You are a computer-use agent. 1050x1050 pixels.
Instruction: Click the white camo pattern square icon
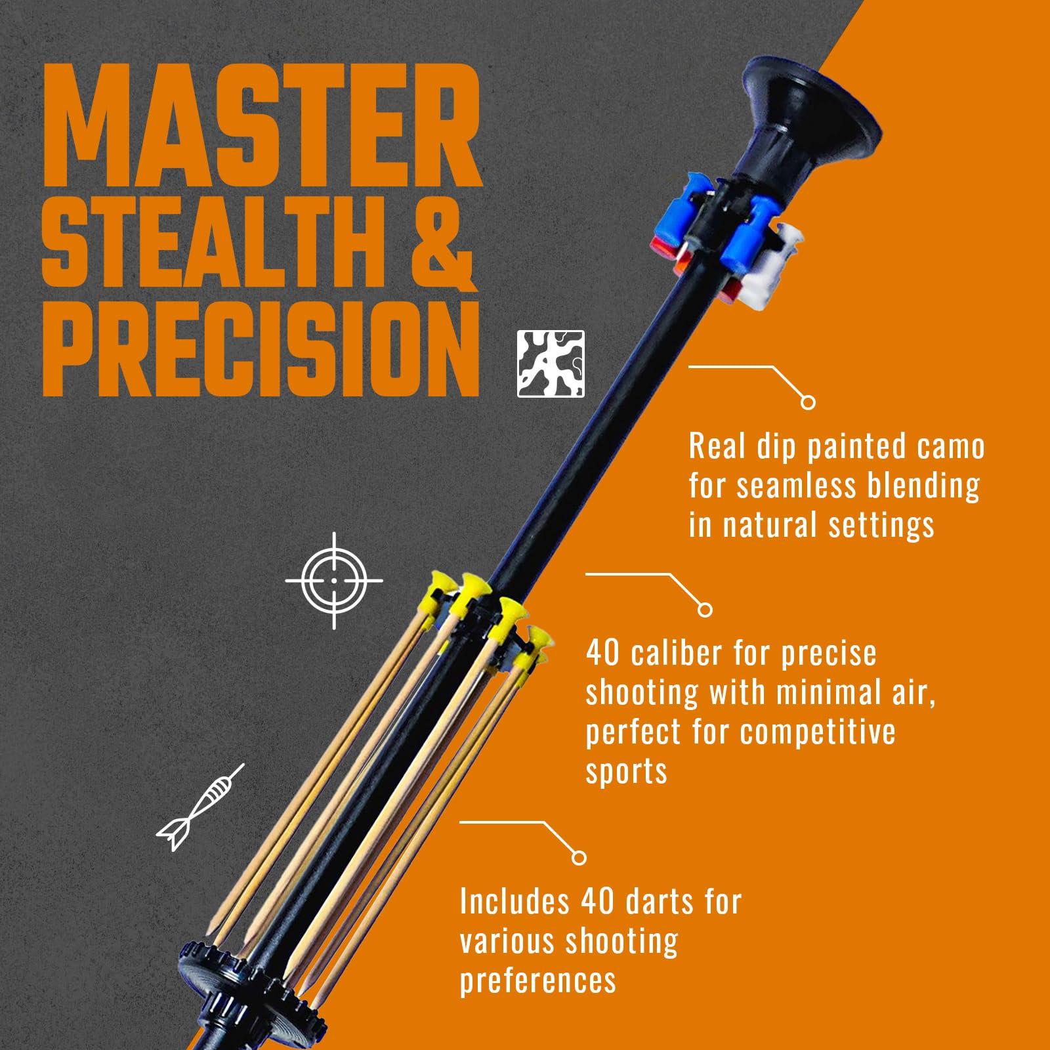(x=551, y=364)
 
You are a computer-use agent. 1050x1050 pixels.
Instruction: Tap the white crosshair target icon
(x=334, y=581)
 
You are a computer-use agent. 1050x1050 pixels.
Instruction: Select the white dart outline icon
(x=200, y=807)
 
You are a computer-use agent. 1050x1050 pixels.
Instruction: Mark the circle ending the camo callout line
(x=808, y=402)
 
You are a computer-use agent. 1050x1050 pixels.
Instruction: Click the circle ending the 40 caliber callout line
(x=705, y=610)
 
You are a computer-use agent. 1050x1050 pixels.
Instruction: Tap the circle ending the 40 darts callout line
(x=579, y=857)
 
